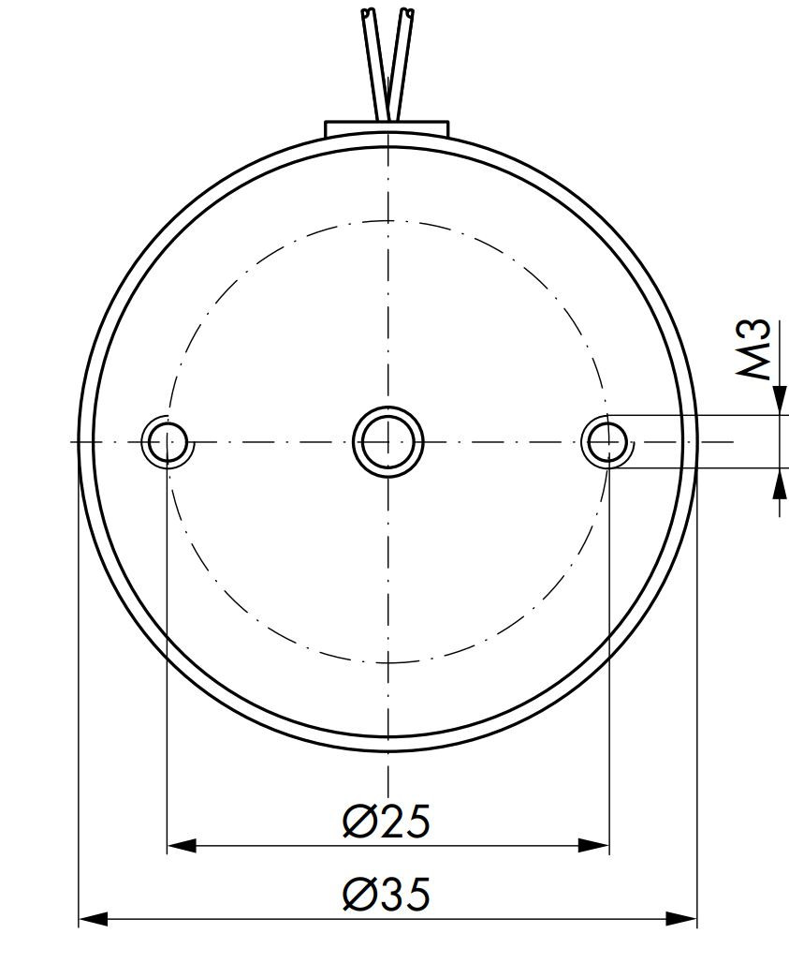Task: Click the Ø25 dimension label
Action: [x=387, y=821]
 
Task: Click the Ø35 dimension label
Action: [x=387, y=895]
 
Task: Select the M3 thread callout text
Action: [x=755, y=348]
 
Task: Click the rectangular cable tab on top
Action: [x=387, y=128]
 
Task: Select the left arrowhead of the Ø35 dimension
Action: [x=93, y=919]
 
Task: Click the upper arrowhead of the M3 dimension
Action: [x=779, y=401]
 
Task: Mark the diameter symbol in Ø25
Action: [x=358, y=821]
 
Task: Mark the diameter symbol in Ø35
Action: [x=358, y=895]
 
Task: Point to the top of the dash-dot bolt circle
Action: [x=387, y=221]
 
